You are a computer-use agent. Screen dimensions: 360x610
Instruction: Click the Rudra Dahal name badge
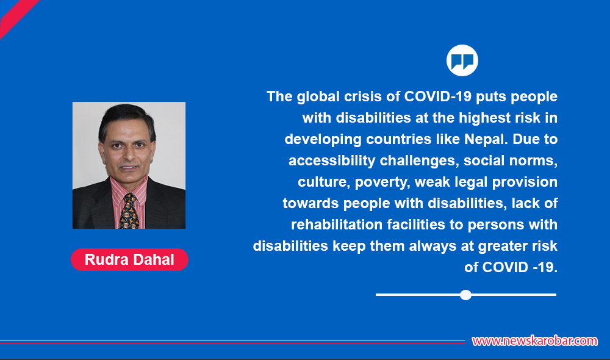click(x=129, y=259)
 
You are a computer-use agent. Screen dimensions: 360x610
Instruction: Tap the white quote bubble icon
click(x=462, y=60)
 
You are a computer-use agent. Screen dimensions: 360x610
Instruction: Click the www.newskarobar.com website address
click(x=534, y=341)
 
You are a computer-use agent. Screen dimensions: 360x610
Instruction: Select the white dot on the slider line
click(x=465, y=295)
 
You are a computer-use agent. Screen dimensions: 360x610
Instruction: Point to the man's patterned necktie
click(x=129, y=211)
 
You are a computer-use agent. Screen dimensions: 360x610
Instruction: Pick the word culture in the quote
click(x=319, y=182)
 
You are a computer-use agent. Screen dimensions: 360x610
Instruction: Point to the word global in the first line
click(x=317, y=96)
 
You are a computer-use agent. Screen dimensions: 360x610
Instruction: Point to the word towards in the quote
click(x=308, y=203)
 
